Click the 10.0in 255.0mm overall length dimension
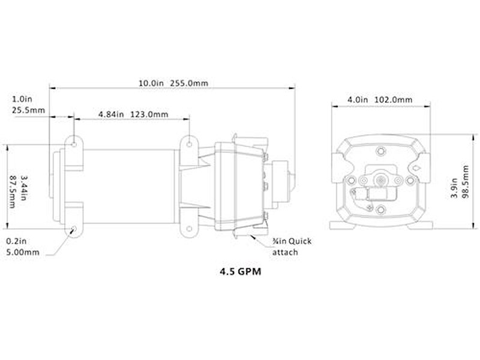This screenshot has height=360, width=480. point(173,83)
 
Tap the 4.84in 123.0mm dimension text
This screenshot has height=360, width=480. point(133,115)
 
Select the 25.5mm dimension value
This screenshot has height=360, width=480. point(28,110)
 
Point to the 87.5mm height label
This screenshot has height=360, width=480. point(13,191)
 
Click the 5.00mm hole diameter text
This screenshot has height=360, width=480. point(23,253)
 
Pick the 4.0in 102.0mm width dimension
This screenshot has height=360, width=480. point(380,100)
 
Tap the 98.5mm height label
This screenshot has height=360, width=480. point(466,182)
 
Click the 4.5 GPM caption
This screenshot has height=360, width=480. point(241,272)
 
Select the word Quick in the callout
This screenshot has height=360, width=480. point(300,242)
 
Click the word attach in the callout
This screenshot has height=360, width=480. point(285,253)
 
